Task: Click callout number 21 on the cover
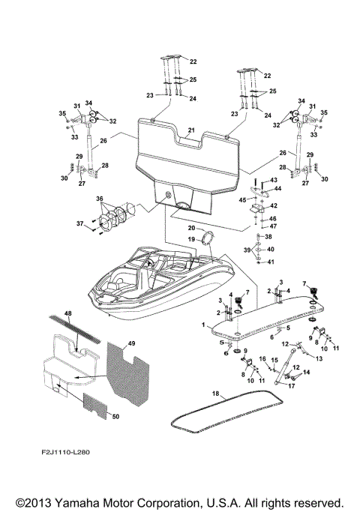[192, 130]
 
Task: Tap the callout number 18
[214, 393]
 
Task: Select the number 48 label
[68, 313]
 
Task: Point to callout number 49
[132, 343]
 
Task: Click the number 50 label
[114, 416]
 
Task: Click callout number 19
[192, 239]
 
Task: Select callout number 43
[273, 180]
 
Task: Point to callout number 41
[271, 262]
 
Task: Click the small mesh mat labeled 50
[96, 406]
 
